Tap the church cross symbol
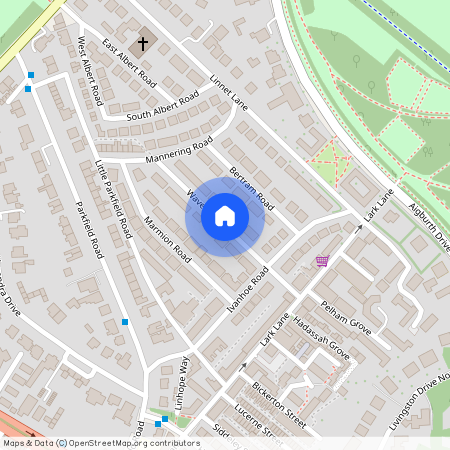143,44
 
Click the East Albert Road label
130,63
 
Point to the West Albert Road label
91,72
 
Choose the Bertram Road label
251,187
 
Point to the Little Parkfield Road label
113,197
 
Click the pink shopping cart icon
322,262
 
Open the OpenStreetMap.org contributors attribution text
134,443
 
